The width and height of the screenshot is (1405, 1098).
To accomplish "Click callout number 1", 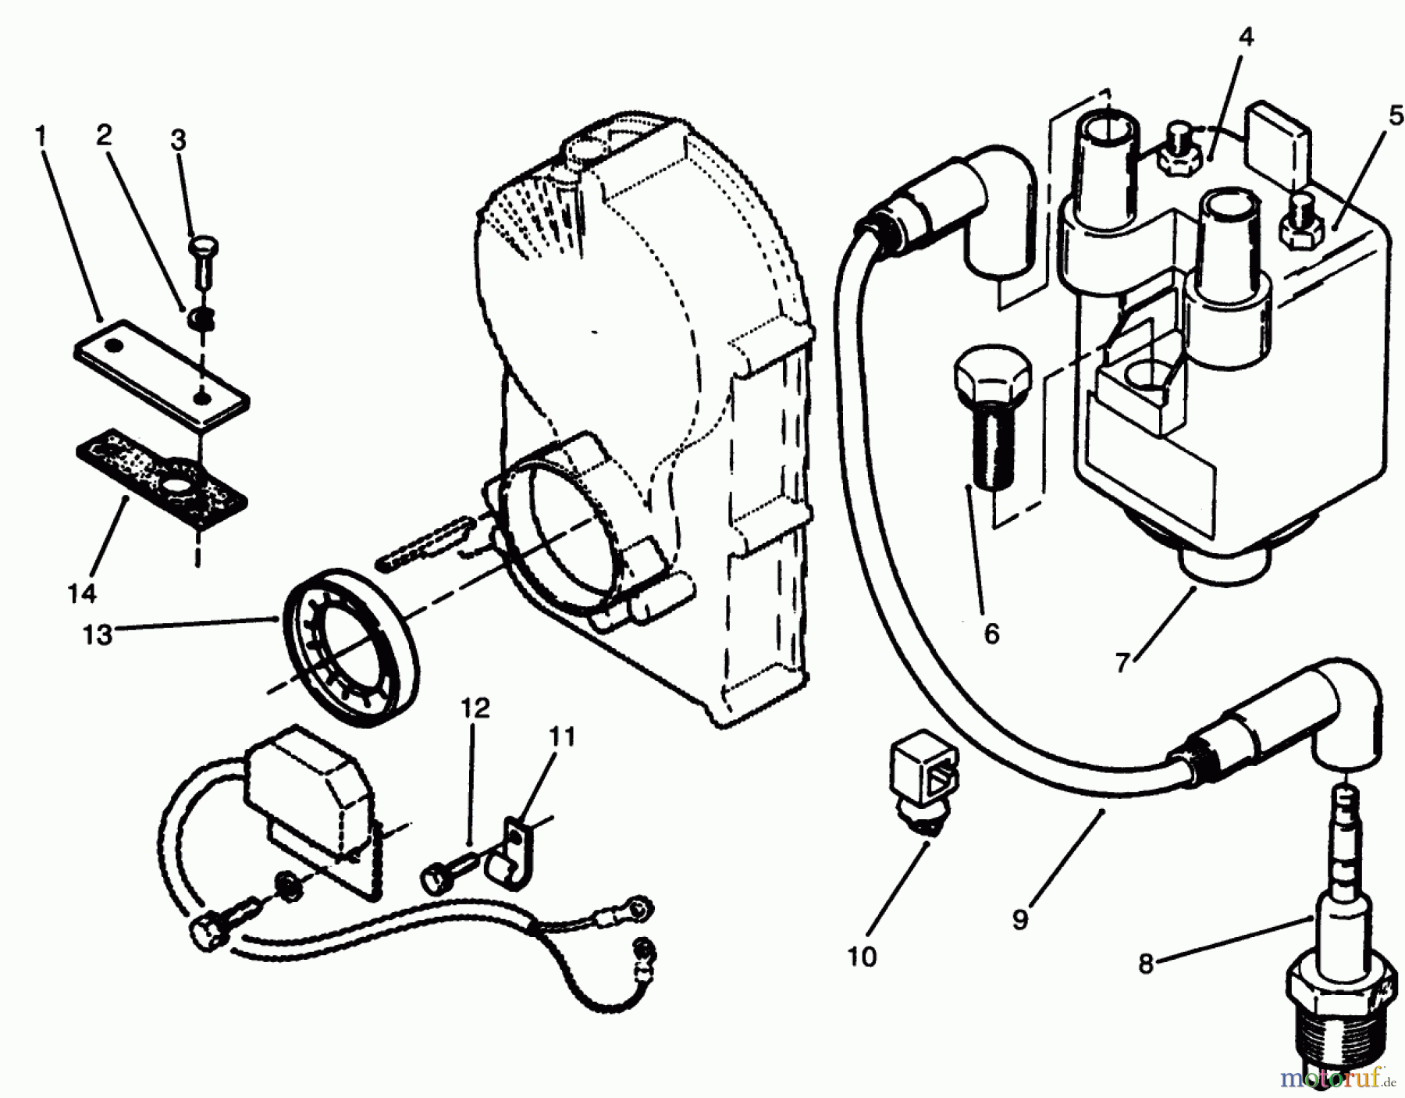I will (41, 137).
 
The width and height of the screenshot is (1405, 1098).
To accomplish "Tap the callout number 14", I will (82, 593).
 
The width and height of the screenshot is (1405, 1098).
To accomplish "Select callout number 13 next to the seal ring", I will (98, 635).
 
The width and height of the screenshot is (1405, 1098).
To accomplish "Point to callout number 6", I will (991, 633).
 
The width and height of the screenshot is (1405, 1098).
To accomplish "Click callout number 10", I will (863, 956).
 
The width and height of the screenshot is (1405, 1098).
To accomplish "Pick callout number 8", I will (1145, 964).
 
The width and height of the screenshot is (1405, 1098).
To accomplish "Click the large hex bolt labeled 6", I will (990, 406).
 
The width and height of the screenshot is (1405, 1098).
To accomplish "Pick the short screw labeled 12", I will (449, 872).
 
